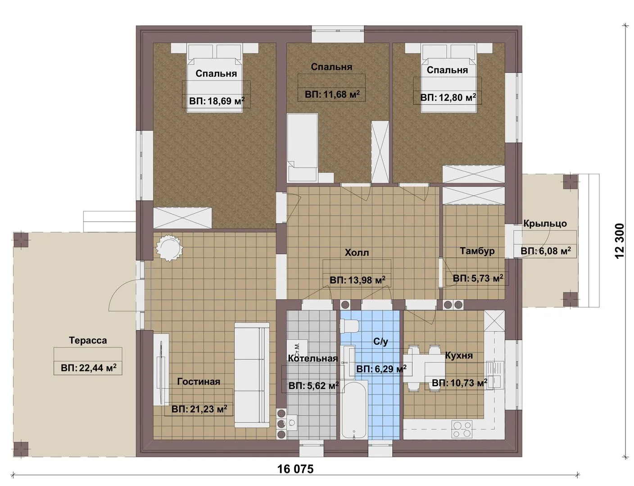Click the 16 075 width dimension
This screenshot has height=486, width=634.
tap(295, 469)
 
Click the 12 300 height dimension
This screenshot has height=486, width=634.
tap(620, 241)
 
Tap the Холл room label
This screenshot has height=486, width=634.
tap(357, 252)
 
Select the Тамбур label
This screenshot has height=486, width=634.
tap(477, 251)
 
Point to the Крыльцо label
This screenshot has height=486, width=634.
tap(545, 224)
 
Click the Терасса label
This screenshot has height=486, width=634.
tap(88, 341)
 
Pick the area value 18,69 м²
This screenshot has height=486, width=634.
tap(217, 101)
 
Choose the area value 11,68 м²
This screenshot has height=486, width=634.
tap(332, 94)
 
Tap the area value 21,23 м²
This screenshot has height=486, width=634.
tap(199, 409)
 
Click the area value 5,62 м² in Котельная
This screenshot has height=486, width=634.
tap(314, 386)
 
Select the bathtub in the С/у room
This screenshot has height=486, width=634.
tap(353, 410)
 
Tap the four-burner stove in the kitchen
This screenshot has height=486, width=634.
tap(462, 429)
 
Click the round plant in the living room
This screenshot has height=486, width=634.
tap(169, 248)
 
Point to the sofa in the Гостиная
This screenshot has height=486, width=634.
tap(252, 375)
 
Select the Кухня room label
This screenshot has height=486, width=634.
tap(459, 355)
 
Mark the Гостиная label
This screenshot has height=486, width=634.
tap(199, 382)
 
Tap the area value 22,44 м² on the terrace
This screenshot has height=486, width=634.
tap(88, 368)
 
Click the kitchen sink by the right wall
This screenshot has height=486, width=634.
tap(494, 375)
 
